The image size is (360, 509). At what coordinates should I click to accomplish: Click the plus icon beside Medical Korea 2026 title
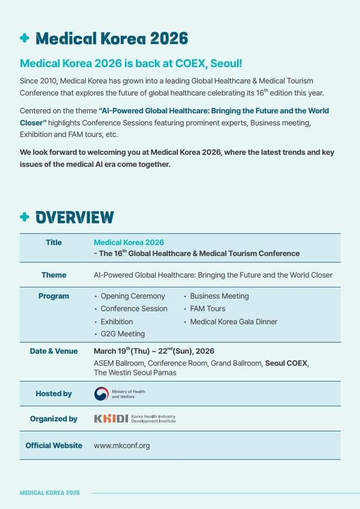click(x=24, y=38)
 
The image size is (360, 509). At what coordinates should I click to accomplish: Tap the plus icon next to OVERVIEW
click(x=24, y=217)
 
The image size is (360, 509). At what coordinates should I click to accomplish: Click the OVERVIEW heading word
click(x=75, y=217)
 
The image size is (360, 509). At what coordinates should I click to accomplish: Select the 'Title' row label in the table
click(x=54, y=242)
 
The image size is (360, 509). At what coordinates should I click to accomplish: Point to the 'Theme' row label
click(x=54, y=275)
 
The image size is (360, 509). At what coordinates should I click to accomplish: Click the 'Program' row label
click(x=54, y=296)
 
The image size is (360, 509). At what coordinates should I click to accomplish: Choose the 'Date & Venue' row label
click(x=54, y=351)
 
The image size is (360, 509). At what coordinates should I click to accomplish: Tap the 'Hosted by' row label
click(x=54, y=394)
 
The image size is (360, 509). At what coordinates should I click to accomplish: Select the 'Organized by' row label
click(x=54, y=419)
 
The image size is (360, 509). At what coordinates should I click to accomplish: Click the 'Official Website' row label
click(x=54, y=446)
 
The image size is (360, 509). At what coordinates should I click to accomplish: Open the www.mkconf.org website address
click(x=122, y=446)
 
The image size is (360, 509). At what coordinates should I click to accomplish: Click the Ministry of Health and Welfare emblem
click(x=101, y=394)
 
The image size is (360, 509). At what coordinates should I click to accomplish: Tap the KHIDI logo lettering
click(x=111, y=419)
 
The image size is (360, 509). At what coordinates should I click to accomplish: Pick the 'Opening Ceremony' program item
click(x=133, y=296)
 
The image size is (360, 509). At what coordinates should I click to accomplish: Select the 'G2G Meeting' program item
click(x=122, y=334)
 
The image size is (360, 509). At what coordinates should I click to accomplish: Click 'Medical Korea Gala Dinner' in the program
click(x=234, y=322)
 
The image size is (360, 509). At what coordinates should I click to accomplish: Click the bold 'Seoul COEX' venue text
click(x=287, y=363)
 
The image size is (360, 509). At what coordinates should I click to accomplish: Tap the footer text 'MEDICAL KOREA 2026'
click(x=50, y=493)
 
